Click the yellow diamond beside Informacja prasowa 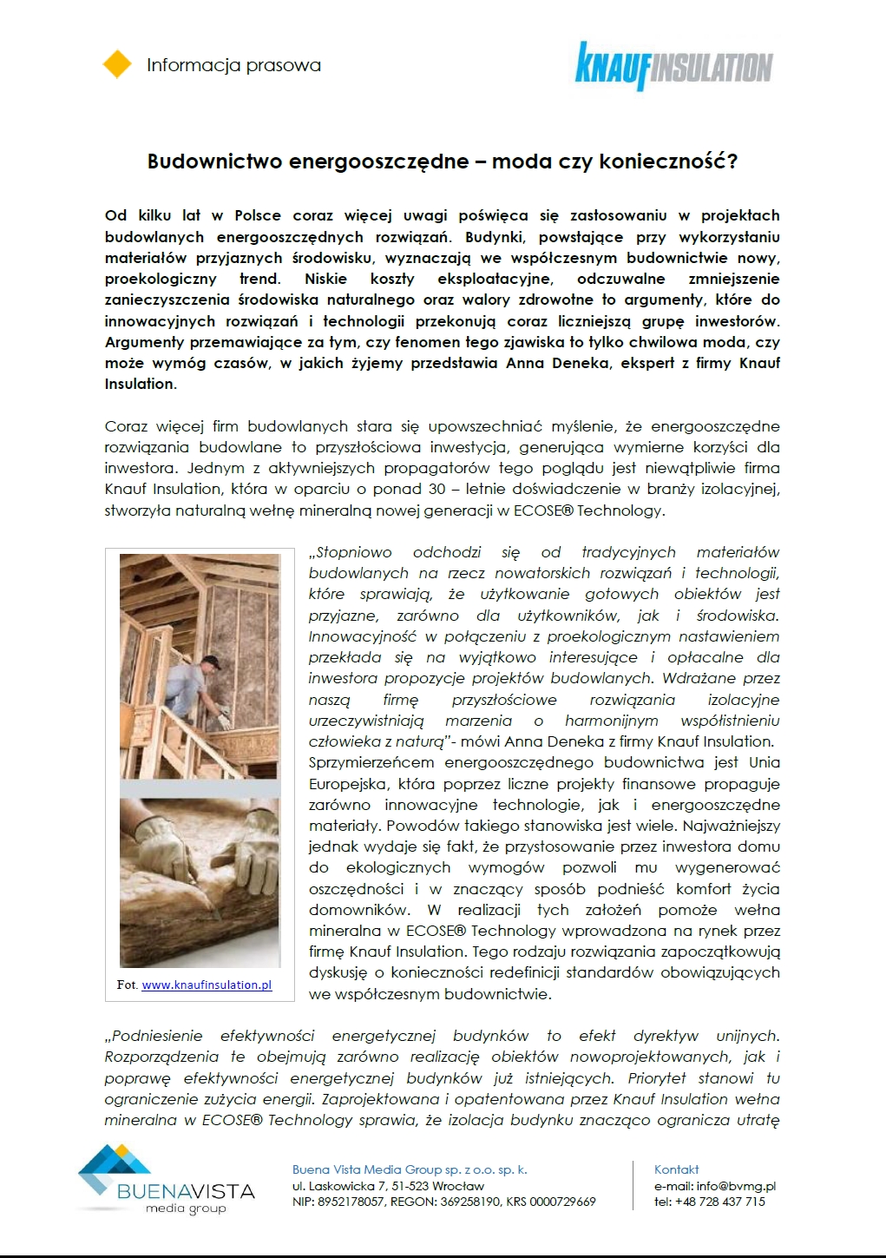117,65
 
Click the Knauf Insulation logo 673,66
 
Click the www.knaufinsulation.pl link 207,985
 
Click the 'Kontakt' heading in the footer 677,1169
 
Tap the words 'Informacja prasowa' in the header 233,65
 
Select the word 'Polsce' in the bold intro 258,215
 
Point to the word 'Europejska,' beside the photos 346,784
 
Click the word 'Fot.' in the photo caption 127,985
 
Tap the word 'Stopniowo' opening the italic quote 353,552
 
